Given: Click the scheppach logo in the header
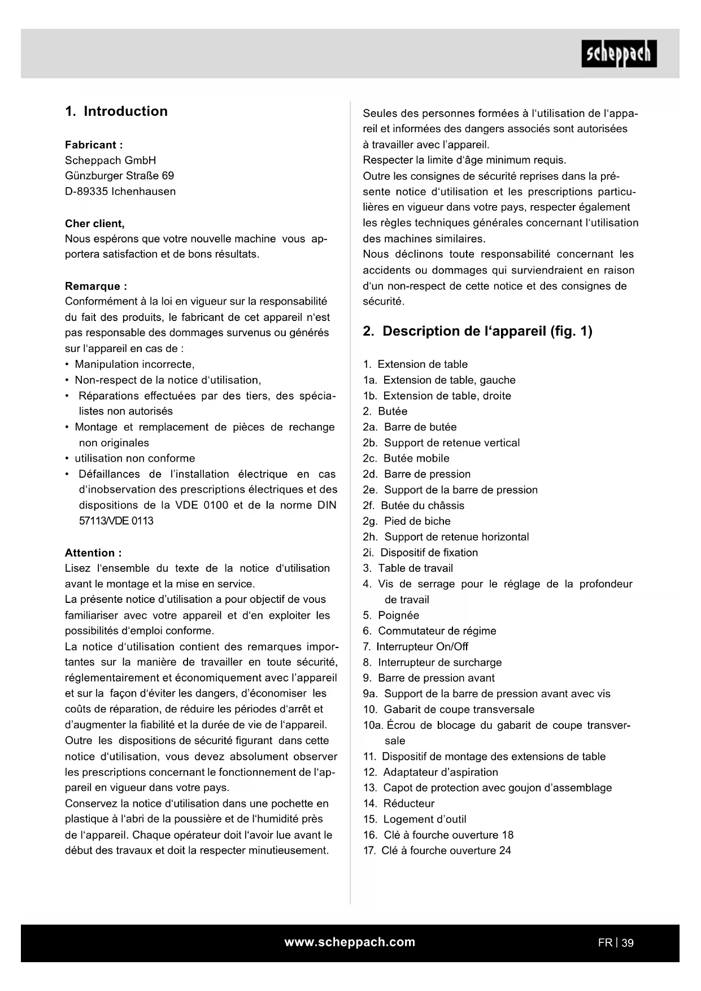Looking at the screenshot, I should point(619,54).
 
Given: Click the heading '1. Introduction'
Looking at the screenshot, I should point(116,111).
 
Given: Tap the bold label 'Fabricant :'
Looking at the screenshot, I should point(94,145).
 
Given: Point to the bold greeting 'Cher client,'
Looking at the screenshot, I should point(95,223).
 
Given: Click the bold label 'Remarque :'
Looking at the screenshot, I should point(96,286).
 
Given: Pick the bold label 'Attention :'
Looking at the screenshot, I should point(93,553).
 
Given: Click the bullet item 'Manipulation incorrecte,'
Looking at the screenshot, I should point(134,364).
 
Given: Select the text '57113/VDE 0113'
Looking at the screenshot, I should point(116,521).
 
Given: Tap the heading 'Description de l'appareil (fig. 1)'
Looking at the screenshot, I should point(487,331).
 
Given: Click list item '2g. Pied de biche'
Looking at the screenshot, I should point(407,521).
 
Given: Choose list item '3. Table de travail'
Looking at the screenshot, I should point(408,568).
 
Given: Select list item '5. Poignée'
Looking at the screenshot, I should point(391,615).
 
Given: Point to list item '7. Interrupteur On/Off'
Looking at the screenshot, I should point(416,646).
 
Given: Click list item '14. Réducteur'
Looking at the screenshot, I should point(399,803).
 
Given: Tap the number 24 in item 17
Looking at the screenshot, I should point(505,850).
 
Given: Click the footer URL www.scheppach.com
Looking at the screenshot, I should point(350,942).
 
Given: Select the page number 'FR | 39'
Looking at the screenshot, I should point(616,942).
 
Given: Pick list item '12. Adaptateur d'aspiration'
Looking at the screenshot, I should point(430,772).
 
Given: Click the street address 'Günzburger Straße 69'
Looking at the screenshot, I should point(120,176).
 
